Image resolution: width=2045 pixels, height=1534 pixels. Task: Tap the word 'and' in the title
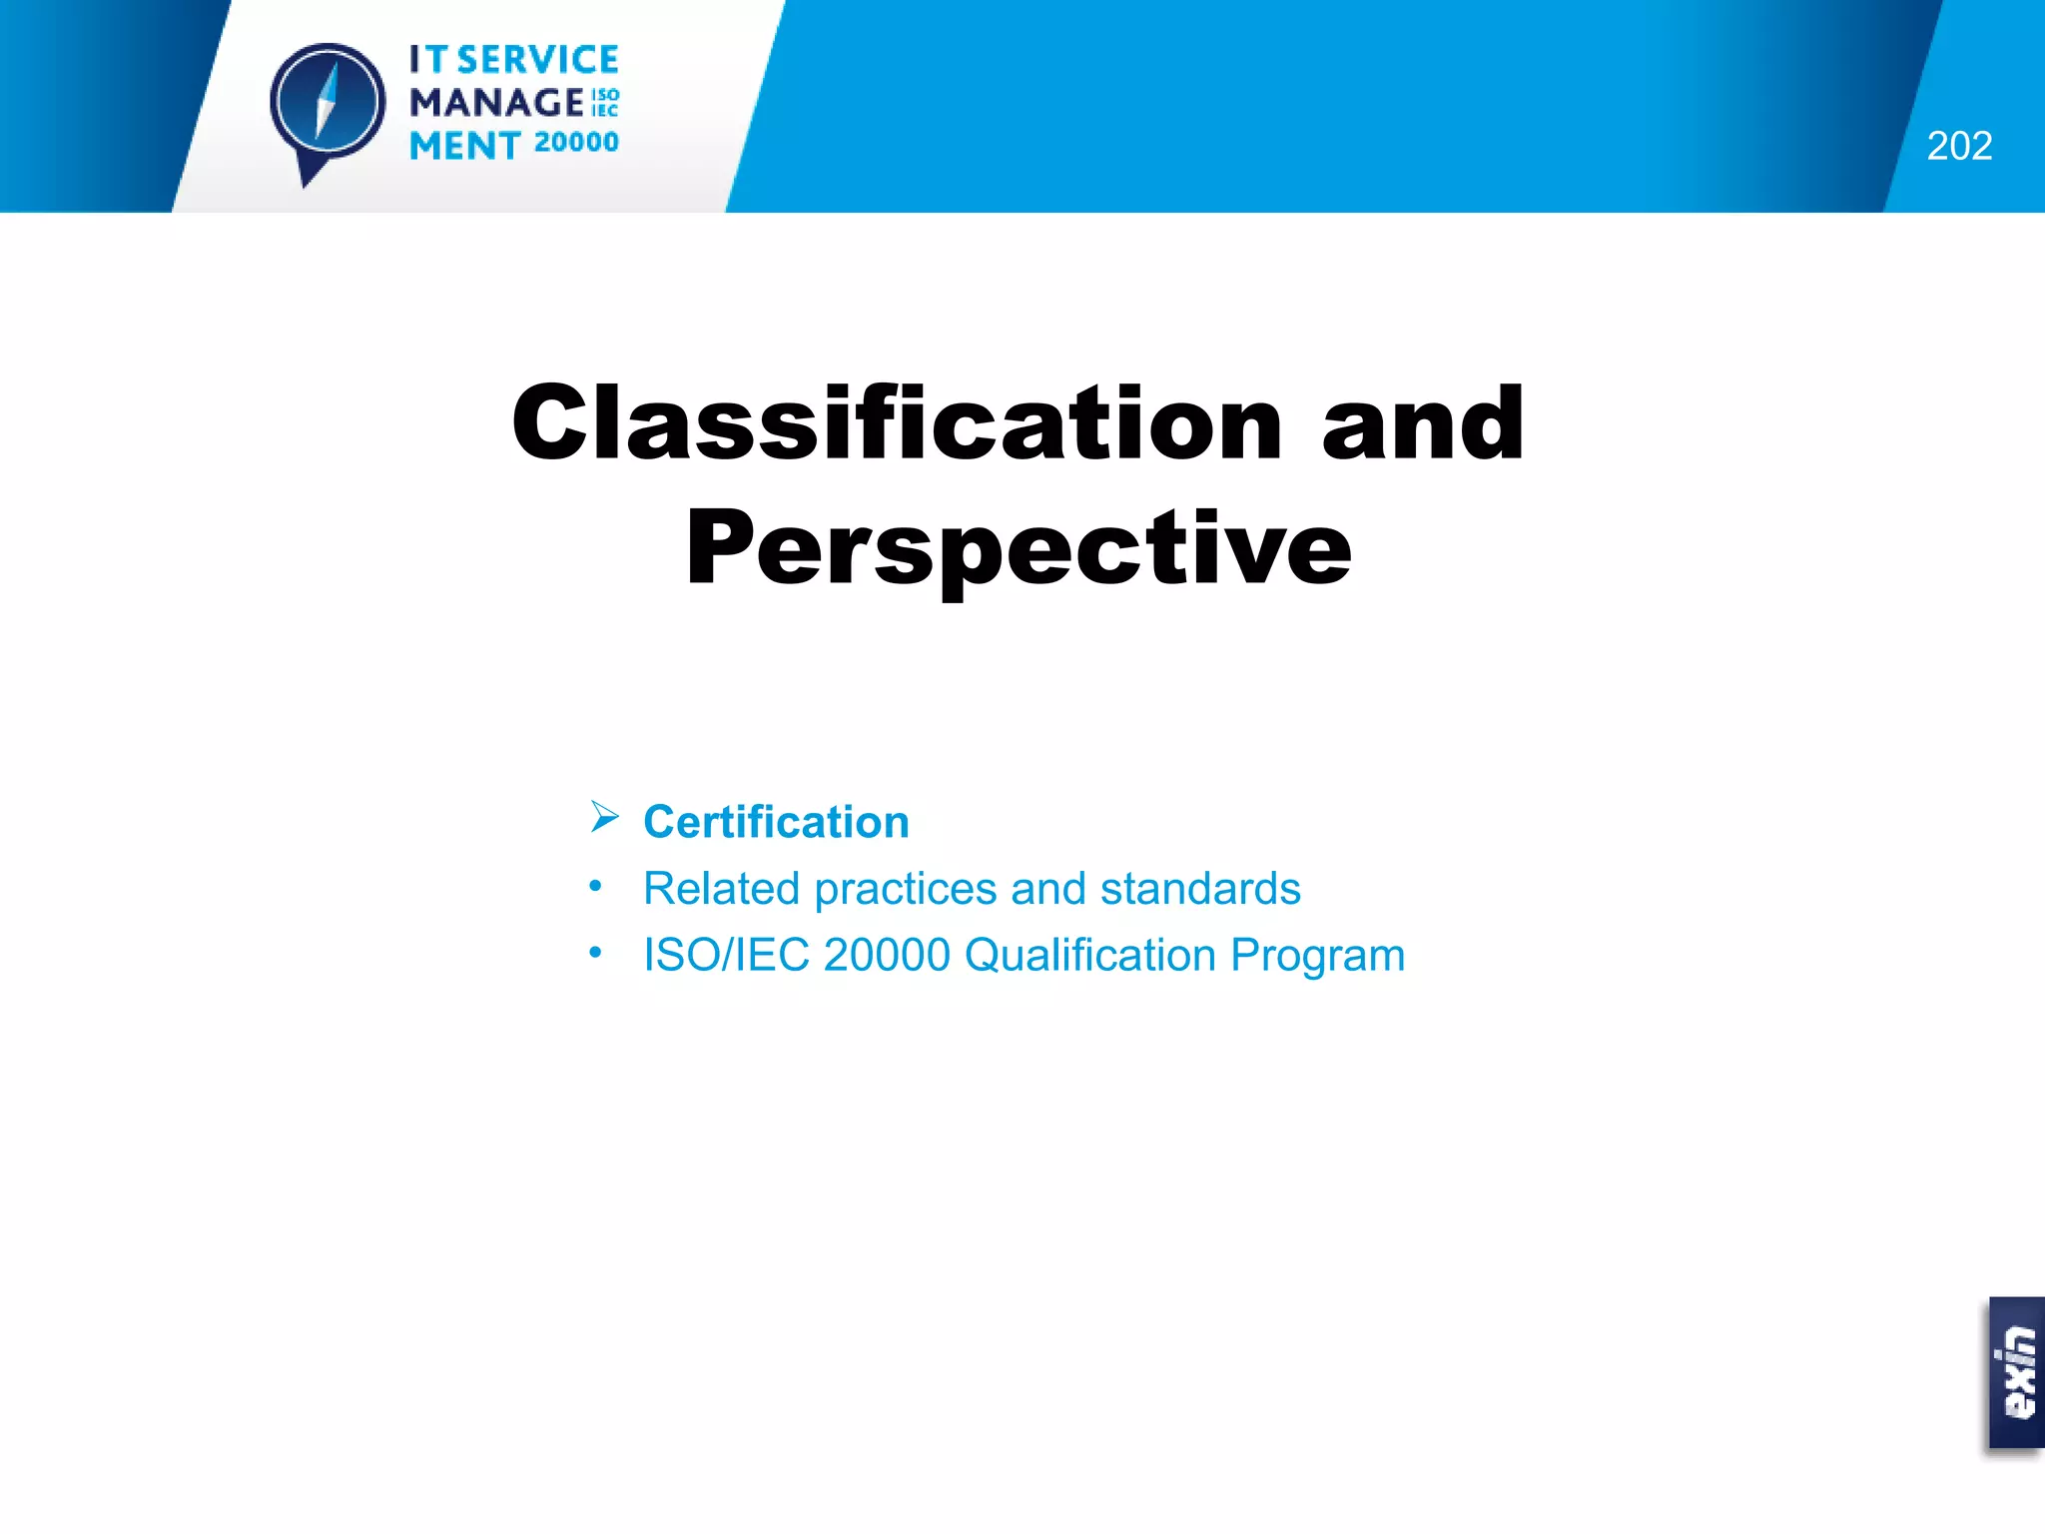(1423, 424)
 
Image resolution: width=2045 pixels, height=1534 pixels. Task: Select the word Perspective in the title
(1019, 548)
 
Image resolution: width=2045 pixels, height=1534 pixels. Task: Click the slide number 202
(1959, 146)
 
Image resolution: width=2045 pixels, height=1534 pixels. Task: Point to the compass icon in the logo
(328, 104)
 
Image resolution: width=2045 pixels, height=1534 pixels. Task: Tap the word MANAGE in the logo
(496, 103)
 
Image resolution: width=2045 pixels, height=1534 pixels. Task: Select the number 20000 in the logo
(576, 143)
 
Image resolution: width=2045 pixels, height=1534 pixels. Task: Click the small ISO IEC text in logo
(605, 103)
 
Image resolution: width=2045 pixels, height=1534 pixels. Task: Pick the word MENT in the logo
(464, 146)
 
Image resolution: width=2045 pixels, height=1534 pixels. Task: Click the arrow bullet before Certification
(604, 817)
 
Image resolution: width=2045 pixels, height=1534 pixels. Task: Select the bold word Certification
(776, 822)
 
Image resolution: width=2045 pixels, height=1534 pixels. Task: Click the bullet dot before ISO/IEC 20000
(595, 953)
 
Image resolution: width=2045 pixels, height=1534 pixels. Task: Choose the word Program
(1317, 956)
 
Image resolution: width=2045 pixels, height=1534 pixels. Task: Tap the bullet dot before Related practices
(595, 886)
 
